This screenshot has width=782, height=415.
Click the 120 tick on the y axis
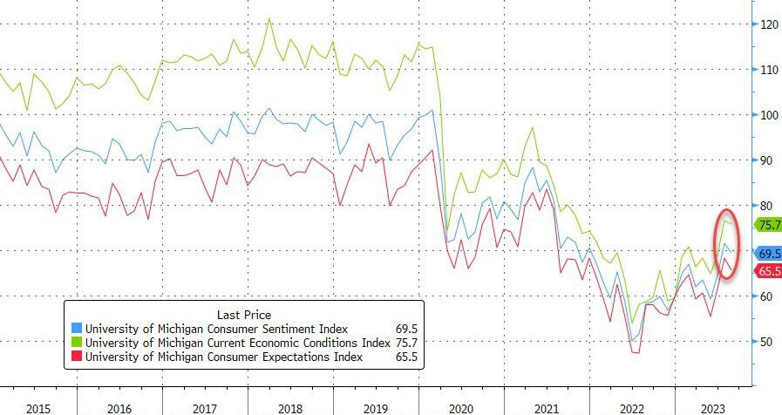[x=767, y=24]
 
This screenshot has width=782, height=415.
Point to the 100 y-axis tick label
[x=767, y=115]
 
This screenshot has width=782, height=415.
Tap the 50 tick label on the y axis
[x=767, y=342]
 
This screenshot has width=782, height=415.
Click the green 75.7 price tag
[x=768, y=225]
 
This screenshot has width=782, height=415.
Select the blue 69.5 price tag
[x=768, y=253]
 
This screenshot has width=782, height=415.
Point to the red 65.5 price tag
[x=768, y=271]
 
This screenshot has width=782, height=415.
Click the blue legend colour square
[x=77, y=330]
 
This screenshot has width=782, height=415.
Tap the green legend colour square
[x=77, y=344]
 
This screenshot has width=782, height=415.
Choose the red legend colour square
[x=77, y=357]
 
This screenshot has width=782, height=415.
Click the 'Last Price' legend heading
[x=242, y=315]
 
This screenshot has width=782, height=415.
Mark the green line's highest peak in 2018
[x=269, y=18]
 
